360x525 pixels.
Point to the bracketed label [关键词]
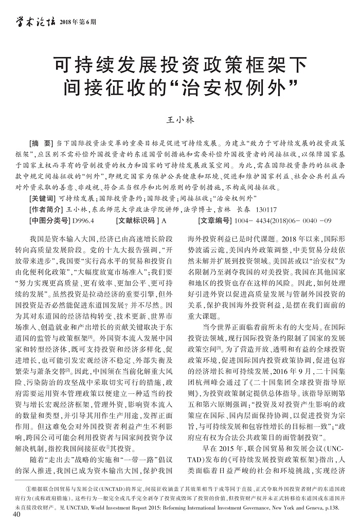43,198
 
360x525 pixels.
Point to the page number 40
15,516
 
